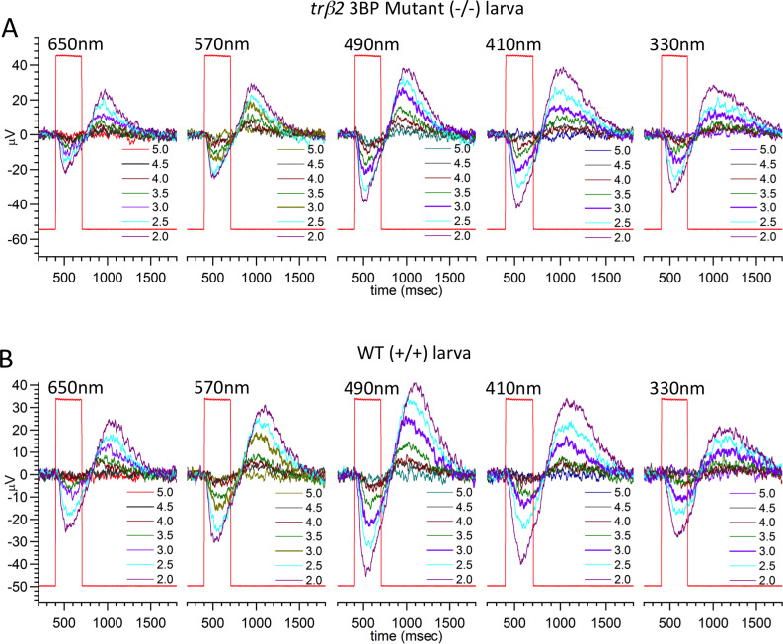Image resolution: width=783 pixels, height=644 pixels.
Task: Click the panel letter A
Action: (x=11, y=28)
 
